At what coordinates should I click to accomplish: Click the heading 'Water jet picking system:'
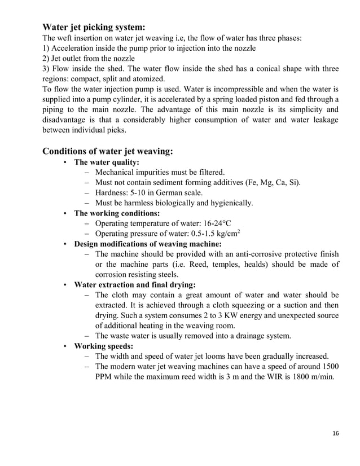point(94,27)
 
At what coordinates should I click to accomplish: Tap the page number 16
point(336,433)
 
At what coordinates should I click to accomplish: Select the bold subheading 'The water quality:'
point(107,162)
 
